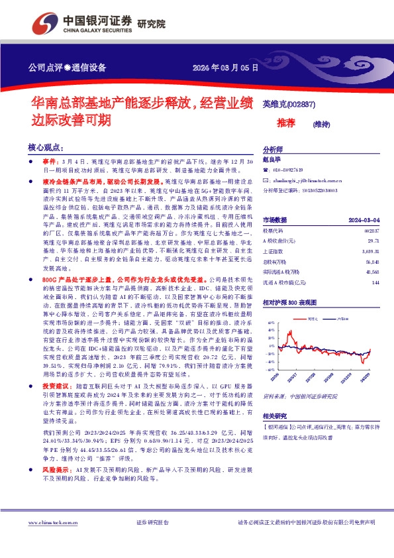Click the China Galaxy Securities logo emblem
click(49, 22)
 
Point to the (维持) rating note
click(322, 123)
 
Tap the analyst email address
click(304, 180)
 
